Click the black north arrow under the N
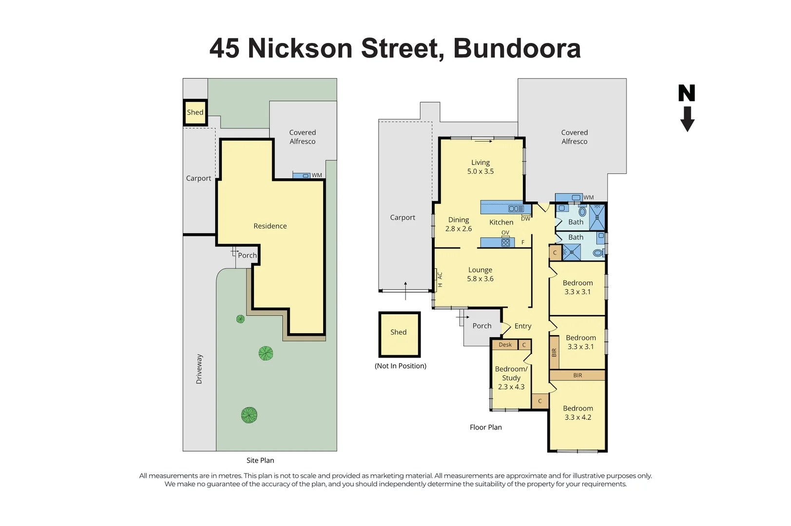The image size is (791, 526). coord(687,119)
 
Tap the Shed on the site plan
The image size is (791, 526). coord(195,113)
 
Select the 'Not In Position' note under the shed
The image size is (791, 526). coord(400,366)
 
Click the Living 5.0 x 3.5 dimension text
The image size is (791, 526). coord(481,171)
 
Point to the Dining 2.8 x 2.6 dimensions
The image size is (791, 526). coord(459,228)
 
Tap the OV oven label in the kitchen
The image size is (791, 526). coord(505,233)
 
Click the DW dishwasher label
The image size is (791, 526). coord(525,219)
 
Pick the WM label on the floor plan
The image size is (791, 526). coord(589,198)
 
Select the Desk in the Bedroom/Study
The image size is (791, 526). coord(505,345)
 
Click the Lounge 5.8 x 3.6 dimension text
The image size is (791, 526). coord(480,279)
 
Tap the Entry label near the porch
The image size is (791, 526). coord(523,326)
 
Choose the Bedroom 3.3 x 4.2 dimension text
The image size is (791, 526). coord(578,417)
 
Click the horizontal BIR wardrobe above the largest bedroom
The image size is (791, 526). coord(578,376)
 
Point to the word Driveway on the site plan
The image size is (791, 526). coord(199,369)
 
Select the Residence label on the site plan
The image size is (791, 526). coord(270,226)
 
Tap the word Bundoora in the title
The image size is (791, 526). coord(517,48)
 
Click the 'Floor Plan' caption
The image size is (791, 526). coord(485,427)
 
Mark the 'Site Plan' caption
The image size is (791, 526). coord(260,460)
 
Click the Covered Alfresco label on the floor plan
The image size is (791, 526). coord(574,137)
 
